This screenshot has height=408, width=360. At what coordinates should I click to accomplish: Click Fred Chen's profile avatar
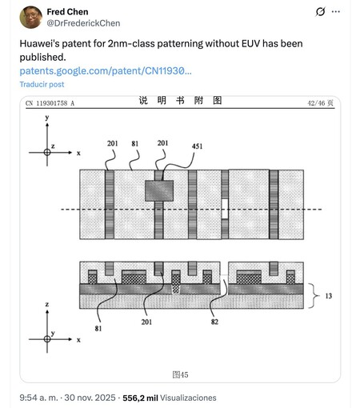[x=31, y=18]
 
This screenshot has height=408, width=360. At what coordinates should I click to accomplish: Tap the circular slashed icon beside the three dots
[x=318, y=12]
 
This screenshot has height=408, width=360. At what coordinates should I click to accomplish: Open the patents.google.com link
[x=105, y=71]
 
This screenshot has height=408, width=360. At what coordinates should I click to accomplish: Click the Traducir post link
[x=42, y=85]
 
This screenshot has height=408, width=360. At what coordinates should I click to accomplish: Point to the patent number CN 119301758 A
[x=50, y=103]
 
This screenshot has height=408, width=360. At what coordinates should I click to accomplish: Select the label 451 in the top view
[x=198, y=146]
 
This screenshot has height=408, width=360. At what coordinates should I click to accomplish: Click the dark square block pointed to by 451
[x=159, y=190]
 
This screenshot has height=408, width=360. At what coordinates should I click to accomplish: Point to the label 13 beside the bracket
[x=328, y=295]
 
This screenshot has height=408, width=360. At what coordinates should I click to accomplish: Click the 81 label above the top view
[x=135, y=144]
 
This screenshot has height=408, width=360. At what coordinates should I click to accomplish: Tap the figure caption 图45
[x=180, y=374]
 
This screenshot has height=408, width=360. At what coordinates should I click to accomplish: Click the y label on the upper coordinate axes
[x=47, y=118]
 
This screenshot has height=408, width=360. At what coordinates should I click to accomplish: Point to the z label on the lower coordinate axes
[x=47, y=306]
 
